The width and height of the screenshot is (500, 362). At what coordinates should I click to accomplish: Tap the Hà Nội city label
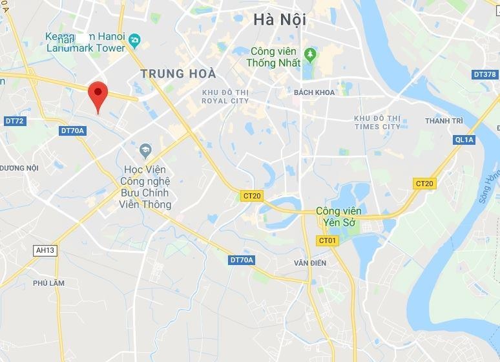coord(280,20)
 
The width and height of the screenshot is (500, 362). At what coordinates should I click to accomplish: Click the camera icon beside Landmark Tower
coord(134,41)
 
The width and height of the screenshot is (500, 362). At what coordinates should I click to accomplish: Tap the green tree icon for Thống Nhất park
coord(309,52)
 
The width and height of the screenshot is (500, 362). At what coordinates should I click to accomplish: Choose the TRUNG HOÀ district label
coord(178,74)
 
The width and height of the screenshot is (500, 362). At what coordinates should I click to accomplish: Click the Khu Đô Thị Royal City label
coord(225,96)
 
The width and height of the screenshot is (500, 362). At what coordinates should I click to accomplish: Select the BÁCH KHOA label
coord(315,92)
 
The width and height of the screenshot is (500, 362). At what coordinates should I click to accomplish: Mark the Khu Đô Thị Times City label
coord(377,122)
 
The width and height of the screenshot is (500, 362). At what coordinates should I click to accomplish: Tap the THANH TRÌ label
coord(444,121)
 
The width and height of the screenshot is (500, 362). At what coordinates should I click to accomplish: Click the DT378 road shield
coord(484,74)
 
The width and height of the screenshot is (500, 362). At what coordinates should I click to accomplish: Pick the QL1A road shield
coord(464,139)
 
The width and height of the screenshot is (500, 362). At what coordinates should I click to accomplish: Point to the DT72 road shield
coord(14,121)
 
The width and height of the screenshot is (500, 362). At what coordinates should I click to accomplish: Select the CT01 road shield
coord(328,240)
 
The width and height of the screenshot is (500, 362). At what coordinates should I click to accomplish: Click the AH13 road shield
coord(45,251)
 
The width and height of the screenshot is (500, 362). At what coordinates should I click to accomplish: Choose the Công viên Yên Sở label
coord(339,217)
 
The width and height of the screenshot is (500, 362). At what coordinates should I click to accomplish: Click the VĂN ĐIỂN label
coord(310,263)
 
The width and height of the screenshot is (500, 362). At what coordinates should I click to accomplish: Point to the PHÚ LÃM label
coord(49,283)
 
